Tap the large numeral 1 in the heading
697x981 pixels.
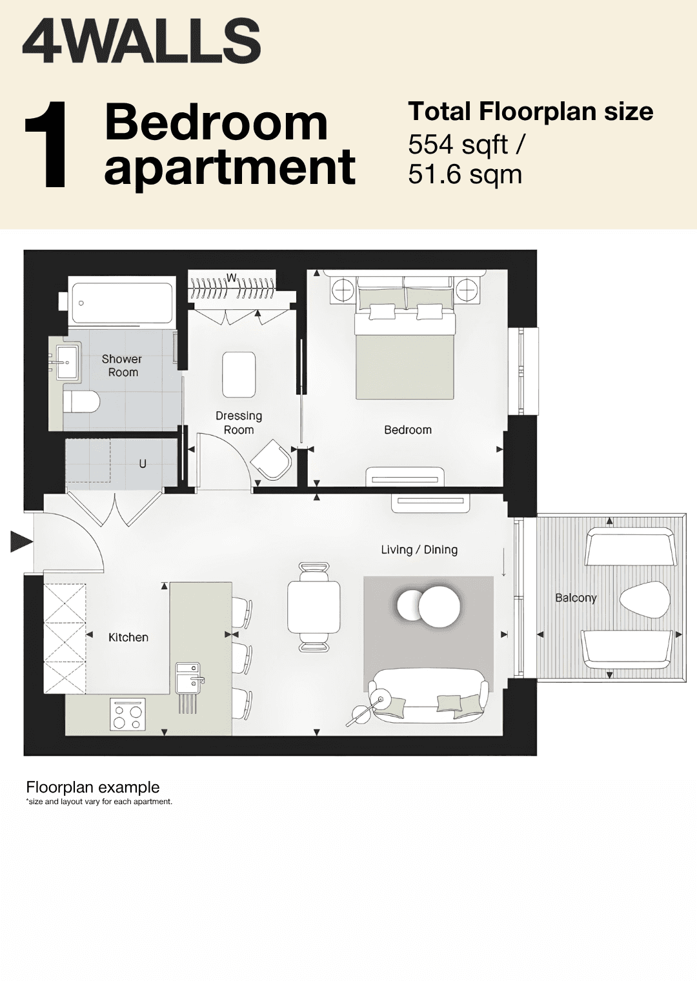tap(46, 145)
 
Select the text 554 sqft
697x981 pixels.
tap(458, 145)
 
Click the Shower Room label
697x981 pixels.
tap(122, 366)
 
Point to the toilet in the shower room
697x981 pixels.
tap(81, 401)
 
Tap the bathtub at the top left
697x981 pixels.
tap(122, 303)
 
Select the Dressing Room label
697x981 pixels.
tap(239, 423)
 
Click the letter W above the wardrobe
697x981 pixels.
tap(231, 278)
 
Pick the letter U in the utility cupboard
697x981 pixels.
tap(143, 463)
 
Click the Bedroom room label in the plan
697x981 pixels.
tap(408, 430)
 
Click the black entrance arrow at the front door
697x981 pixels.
tap(21, 543)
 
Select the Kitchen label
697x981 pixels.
tap(128, 637)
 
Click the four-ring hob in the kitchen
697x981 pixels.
tap(128, 714)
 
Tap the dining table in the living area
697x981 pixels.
tap(314, 607)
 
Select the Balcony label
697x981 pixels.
tap(576, 598)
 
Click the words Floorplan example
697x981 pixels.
tap(93, 787)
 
